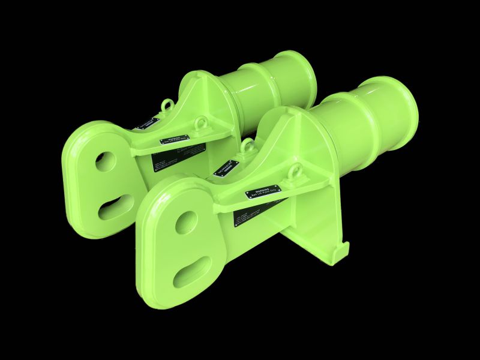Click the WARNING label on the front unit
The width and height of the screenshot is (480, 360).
pyautogui.click(x=265, y=192)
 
